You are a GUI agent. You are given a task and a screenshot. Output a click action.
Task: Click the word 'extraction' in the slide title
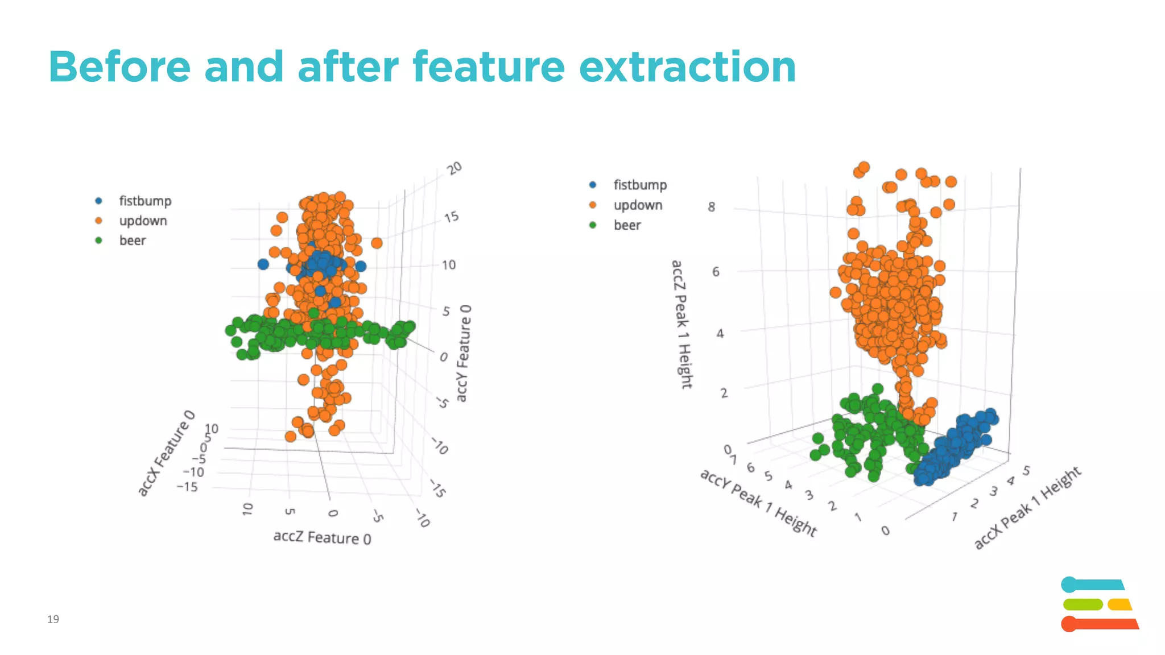click(687, 67)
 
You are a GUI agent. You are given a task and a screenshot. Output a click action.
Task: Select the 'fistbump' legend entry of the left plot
click(144, 201)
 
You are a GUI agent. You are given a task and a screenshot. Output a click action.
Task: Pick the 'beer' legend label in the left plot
click(132, 241)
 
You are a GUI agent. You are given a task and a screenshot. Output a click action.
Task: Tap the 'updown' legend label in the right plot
click(638, 205)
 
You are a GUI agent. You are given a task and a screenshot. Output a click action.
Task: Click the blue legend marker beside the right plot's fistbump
click(593, 185)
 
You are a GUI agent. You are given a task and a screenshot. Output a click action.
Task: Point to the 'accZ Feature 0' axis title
click(322, 537)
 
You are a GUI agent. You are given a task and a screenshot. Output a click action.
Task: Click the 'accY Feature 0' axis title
click(464, 353)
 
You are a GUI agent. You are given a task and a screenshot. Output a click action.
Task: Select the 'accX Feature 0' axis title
click(166, 453)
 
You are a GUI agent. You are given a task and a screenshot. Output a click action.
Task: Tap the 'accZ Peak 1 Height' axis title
click(681, 324)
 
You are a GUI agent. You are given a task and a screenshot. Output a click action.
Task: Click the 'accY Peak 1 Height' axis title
click(758, 502)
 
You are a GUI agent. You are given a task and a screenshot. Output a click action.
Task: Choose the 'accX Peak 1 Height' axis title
click(1027, 507)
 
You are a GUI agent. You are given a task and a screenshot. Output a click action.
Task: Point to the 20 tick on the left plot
click(454, 168)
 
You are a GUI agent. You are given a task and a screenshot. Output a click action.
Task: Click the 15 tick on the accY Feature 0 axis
click(451, 217)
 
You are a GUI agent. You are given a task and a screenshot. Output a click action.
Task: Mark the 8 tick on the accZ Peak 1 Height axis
click(711, 207)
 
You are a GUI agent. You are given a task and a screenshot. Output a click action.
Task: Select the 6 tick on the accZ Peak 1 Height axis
click(716, 272)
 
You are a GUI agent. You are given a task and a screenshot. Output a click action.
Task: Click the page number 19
click(53, 619)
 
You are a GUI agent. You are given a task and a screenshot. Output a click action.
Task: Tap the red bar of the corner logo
click(1099, 624)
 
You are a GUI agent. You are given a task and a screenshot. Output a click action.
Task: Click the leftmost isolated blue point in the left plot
click(263, 264)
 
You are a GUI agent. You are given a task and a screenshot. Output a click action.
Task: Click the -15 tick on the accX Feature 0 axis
click(187, 487)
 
